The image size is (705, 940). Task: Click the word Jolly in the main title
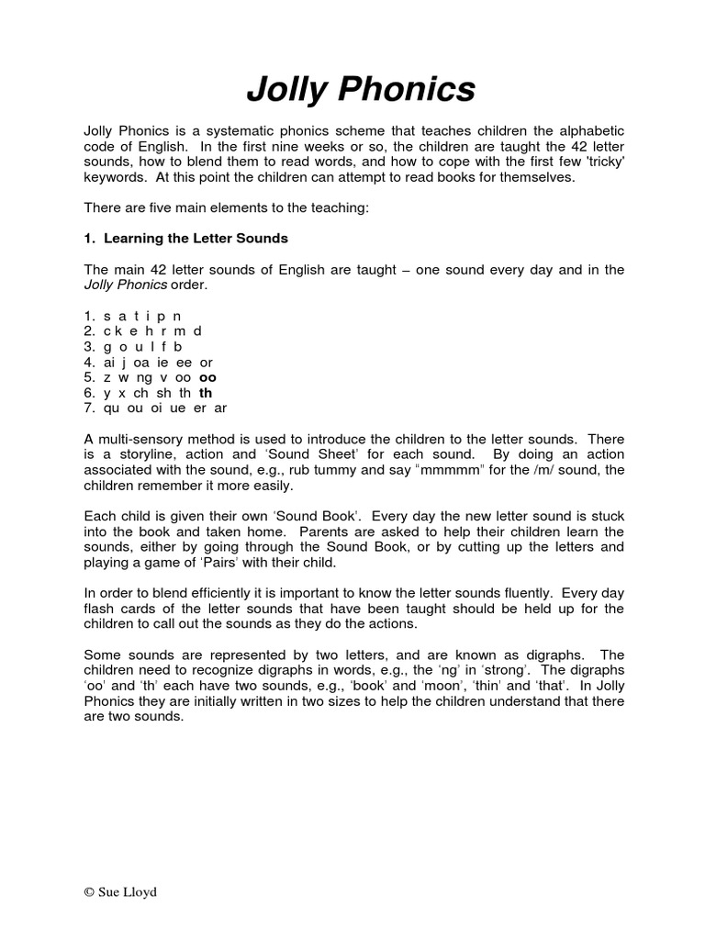pos(290,90)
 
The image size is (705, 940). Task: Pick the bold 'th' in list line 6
pos(206,393)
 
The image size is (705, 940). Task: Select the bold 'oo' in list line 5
pos(208,377)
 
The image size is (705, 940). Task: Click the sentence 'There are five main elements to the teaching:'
pos(226,208)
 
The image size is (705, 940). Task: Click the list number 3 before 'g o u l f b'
pos(88,347)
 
